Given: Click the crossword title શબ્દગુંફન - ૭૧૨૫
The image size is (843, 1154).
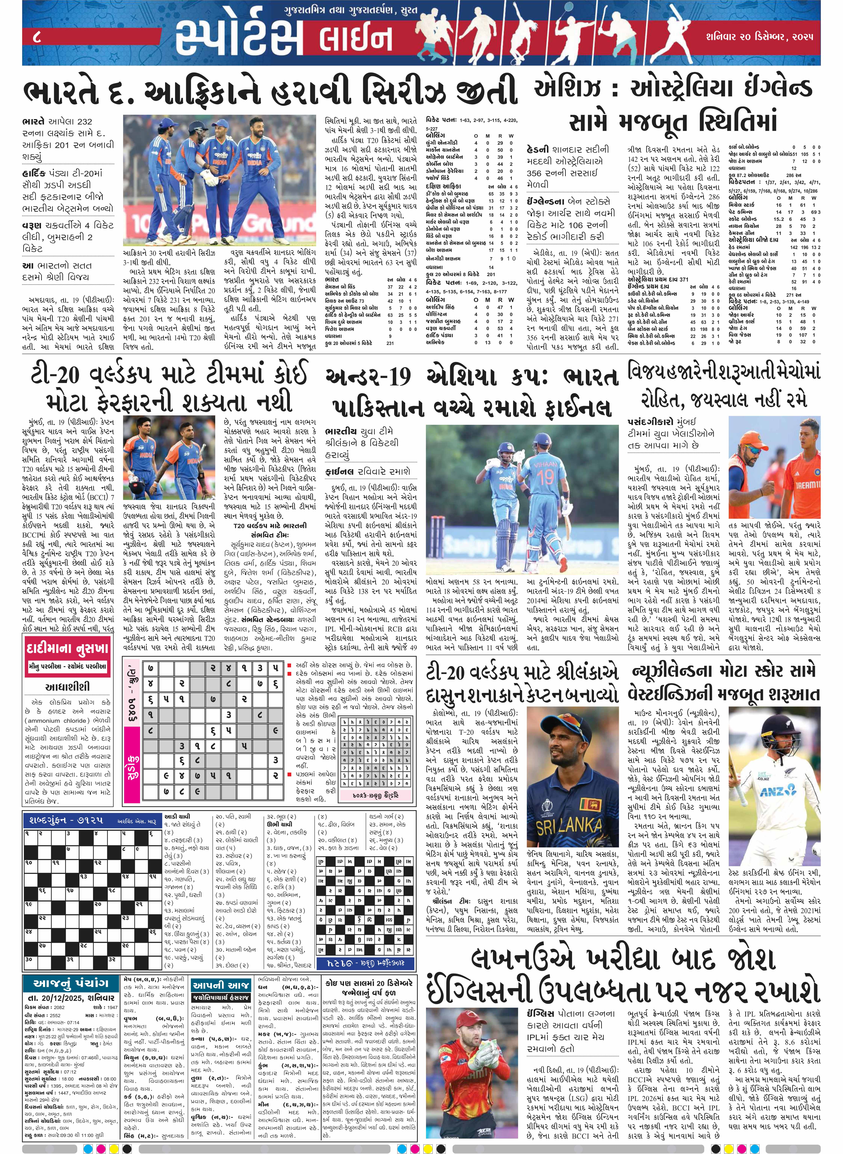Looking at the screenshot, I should pos(64,820).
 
